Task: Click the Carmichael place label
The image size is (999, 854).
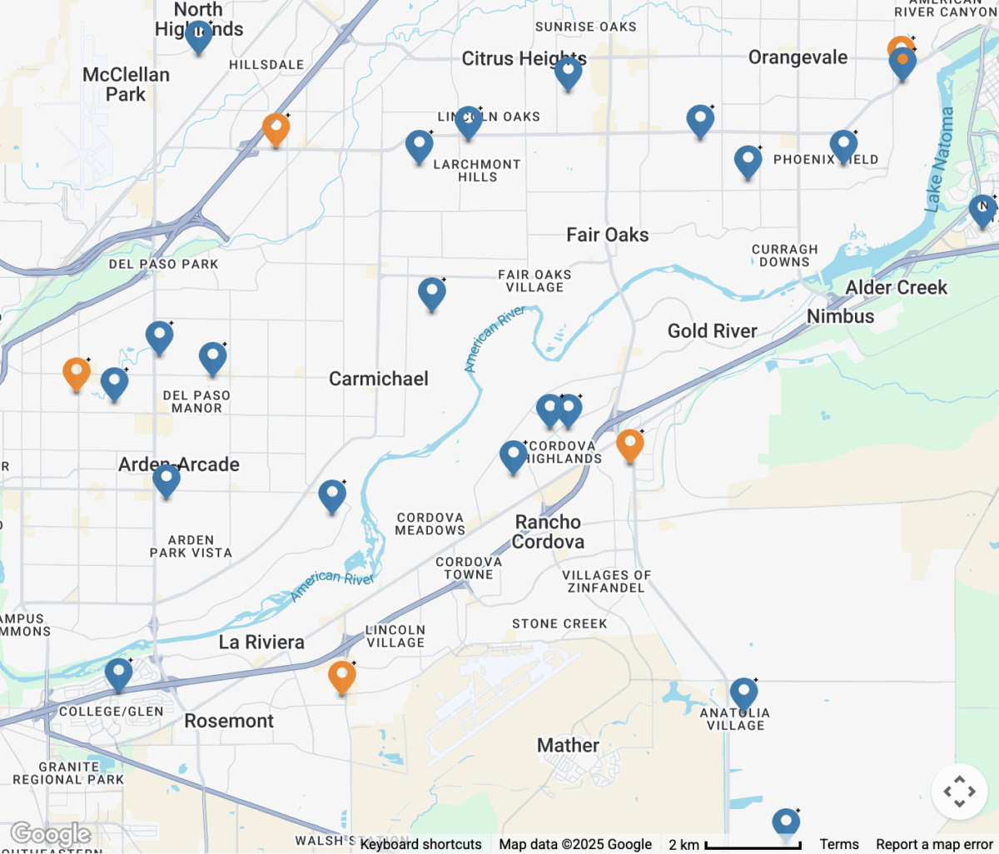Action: pos(379,379)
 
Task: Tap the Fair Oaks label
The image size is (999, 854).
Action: pos(607,235)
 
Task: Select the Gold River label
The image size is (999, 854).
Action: pos(712,330)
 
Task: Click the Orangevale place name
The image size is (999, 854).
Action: pos(798,57)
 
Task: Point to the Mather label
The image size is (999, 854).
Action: pos(568,745)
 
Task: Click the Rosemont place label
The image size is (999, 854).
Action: pos(229,721)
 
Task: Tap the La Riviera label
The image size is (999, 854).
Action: pos(261,642)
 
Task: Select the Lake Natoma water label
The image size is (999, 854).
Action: pos(939,158)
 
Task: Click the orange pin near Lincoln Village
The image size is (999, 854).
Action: pos(341,677)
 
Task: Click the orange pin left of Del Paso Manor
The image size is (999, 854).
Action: pos(77,373)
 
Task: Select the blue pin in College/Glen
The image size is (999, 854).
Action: pos(118,673)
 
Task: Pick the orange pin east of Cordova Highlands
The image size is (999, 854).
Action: pos(630,444)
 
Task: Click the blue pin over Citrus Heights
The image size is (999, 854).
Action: pos(568,73)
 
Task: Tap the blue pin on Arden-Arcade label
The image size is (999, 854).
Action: pos(166,479)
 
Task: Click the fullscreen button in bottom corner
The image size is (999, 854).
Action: pos(959,792)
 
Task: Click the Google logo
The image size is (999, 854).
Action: pos(50,833)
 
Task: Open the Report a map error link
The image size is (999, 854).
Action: pos(934,844)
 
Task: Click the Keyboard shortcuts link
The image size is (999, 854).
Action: pos(421,844)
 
